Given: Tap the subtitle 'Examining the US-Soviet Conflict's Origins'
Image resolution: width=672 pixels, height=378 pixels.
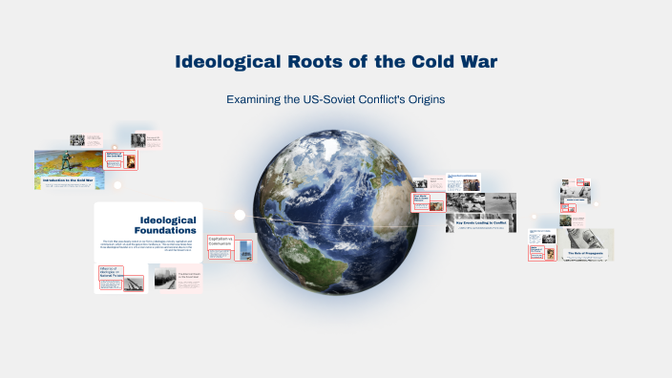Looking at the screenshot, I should click(336, 99).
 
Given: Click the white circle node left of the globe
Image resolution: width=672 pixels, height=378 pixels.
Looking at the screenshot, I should click(240, 215).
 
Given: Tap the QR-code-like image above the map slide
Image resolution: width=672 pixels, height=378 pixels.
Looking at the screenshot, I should click(77, 140).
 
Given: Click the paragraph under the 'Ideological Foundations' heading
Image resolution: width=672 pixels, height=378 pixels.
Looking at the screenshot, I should click(148, 246).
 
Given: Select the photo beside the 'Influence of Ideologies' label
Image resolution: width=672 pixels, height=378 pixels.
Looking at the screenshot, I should click(134, 278).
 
